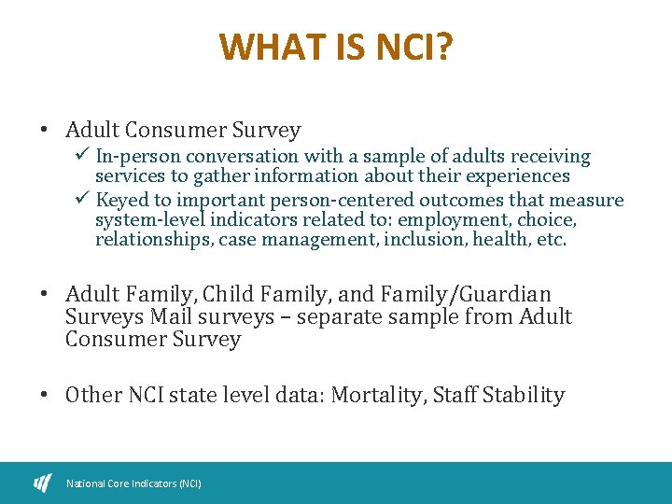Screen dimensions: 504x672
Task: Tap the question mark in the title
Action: (x=443, y=47)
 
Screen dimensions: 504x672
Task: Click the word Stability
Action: (x=524, y=395)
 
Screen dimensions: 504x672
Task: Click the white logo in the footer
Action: (x=43, y=483)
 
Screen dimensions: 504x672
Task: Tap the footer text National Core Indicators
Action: (x=133, y=483)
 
